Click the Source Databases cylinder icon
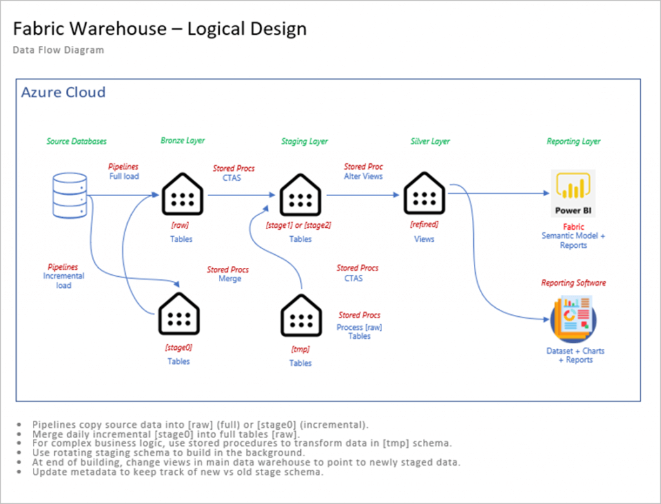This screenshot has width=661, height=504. pyautogui.click(x=68, y=192)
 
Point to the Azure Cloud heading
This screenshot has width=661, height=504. pyautogui.click(x=63, y=92)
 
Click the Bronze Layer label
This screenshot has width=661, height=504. pyautogui.click(x=183, y=141)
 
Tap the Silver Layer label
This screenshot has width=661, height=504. pyautogui.click(x=430, y=141)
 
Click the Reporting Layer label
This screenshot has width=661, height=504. pyautogui.click(x=573, y=141)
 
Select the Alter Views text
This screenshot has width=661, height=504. pyautogui.click(x=363, y=176)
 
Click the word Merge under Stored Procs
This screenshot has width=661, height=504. pyautogui.click(x=230, y=279)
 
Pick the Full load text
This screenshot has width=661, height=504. pyautogui.click(x=124, y=176)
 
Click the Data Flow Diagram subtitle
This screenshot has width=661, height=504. pyautogui.click(x=58, y=50)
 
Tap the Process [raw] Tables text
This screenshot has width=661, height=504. pyautogui.click(x=360, y=332)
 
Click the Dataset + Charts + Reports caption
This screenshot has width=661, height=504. pyautogui.click(x=575, y=355)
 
